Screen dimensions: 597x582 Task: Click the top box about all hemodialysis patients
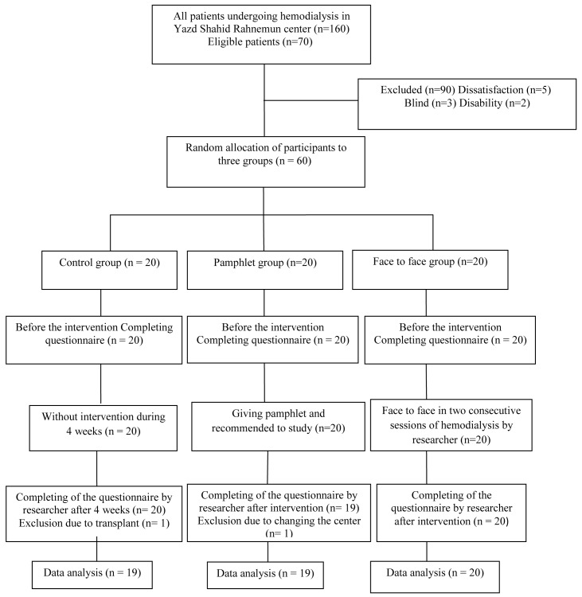tap(264, 33)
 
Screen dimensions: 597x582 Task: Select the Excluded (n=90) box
tap(467, 103)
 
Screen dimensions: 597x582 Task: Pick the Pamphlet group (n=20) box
tap(264, 268)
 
